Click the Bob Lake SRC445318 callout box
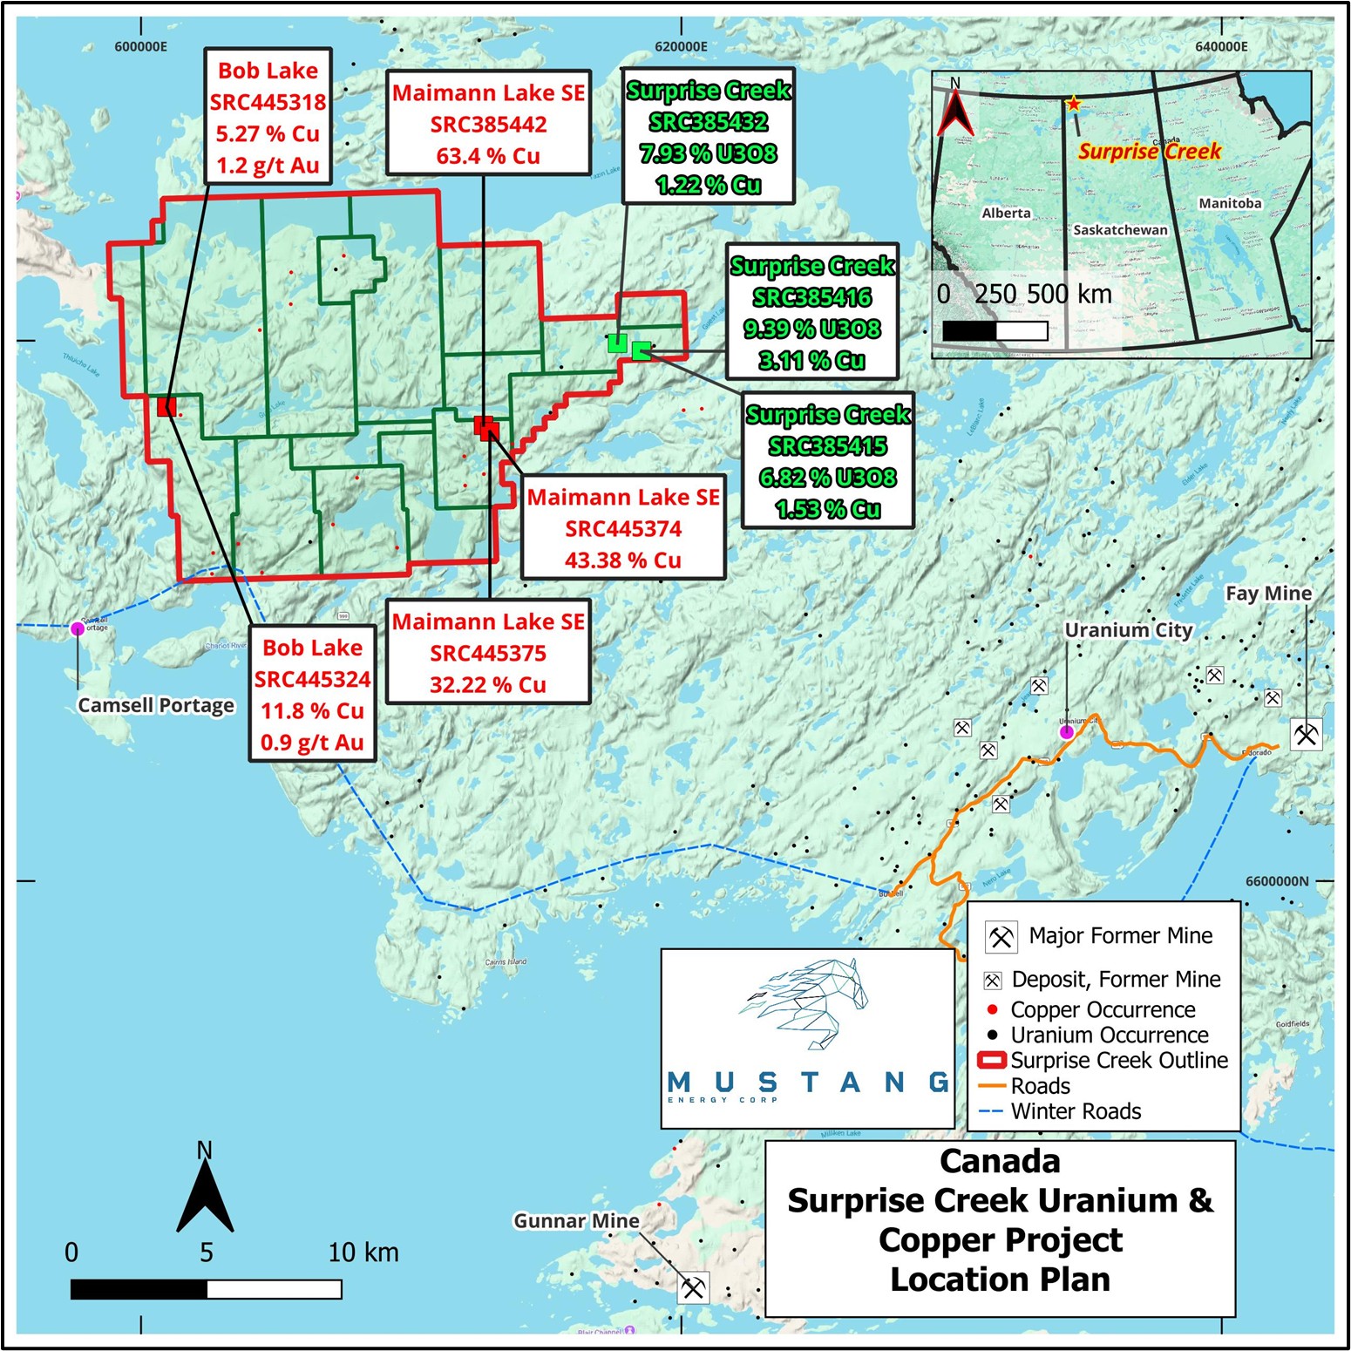coord(268,117)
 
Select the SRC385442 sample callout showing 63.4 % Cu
coord(488,124)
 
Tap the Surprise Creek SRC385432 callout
coord(708,137)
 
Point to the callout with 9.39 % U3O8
coord(812,312)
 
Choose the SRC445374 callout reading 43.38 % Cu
coord(623,528)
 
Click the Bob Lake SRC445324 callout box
coord(312,694)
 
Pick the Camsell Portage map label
coord(156,705)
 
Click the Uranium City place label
coord(1128,630)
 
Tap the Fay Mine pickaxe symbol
coord(1306,734)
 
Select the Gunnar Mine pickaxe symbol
coord(694,1287)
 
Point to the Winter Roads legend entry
coord(1076,1111)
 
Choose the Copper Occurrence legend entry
coord(1103,1009)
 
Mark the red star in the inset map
coord(1073,104)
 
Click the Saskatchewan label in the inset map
coord(1120,230)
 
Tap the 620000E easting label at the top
coord(681,46)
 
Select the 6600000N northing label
coord(1276,881)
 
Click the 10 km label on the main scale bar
coord(363,1253)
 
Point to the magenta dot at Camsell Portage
coord(78,628)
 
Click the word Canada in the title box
coord(1000,1162)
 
